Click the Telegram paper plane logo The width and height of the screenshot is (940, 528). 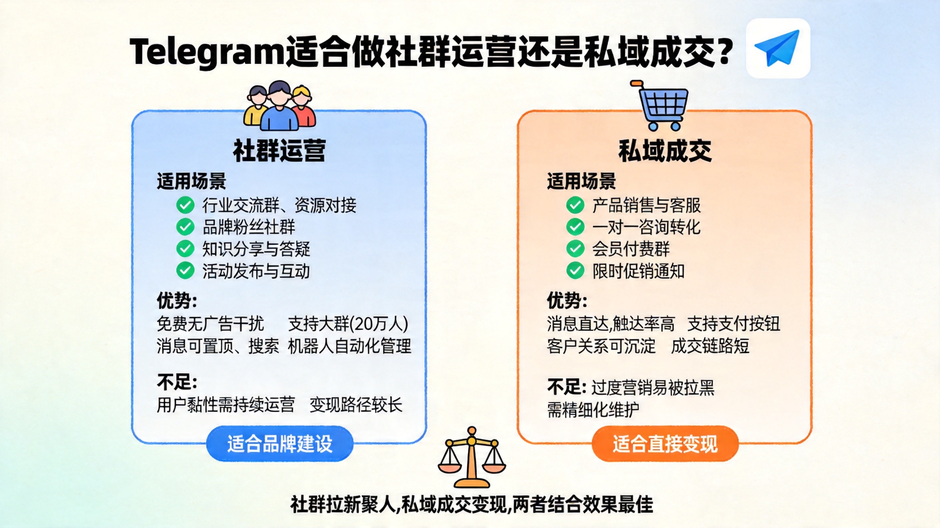[x=778, y=48]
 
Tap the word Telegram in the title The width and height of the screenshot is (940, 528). [x=207, y=51]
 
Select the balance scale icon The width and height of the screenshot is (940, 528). [x=472, y=457]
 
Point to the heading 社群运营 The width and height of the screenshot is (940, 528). [x=279, y=151]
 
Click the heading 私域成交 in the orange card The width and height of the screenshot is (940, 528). [x=665, y=151]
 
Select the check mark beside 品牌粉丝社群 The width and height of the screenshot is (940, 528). [x=185, y=227]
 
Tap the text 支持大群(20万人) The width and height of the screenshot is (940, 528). [x=348, y=324]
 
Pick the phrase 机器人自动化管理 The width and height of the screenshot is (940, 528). [x=350, y=346]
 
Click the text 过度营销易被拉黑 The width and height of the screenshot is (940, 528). [x=653, y=387]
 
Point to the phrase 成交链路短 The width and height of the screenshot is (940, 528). [x=710, y=346]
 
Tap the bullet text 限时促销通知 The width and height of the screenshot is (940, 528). [x=638, y=271]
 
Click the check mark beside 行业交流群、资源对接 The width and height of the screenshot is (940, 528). [x=185, y=205]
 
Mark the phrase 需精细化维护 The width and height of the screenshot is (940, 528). [x=593, y=410]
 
